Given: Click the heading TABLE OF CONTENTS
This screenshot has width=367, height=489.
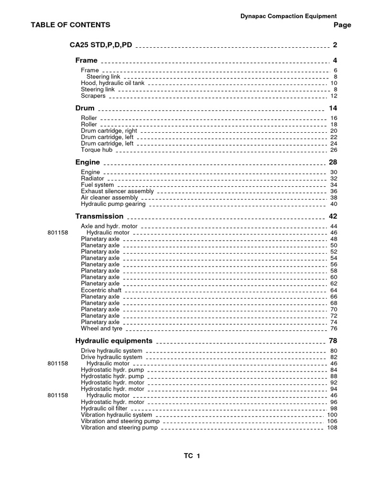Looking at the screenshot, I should click(70, 25).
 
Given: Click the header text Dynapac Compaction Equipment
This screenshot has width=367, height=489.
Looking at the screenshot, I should click(288, 16).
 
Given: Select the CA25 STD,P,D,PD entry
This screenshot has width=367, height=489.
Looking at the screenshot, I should click(101, 45).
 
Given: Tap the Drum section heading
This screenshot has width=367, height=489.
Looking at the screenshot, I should click(85, 108).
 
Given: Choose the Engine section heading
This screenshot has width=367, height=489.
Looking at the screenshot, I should click(87, 162).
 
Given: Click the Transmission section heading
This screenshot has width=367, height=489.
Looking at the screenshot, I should click(99, 216).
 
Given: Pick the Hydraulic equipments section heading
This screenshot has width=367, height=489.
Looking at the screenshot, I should click(114, 341).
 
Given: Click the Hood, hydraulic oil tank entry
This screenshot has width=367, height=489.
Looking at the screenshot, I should click(112, 83).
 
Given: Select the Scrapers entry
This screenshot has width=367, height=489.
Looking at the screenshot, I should click(93, 96).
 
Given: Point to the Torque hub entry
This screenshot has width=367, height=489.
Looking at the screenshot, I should click(97, 150).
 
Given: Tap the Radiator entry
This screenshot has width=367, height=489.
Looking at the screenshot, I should click(93, 179).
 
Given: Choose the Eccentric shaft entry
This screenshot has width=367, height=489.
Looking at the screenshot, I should click(101, 290).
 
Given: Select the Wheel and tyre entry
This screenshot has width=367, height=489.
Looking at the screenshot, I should click(102, 329).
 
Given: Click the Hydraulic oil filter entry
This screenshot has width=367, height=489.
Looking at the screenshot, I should click(104, 408).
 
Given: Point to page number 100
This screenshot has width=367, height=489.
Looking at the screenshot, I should click(332, 415).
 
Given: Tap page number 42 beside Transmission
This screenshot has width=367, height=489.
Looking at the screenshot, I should click(333, 216).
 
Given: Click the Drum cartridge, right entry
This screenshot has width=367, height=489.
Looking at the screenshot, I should click(109, 131).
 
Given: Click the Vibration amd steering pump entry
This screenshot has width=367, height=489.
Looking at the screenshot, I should click(120, 421).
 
